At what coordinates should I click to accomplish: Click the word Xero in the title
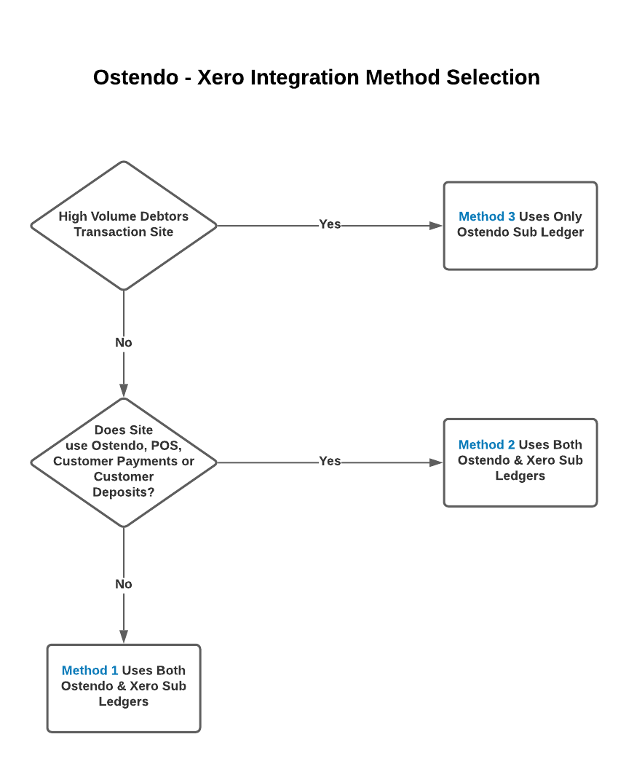(221, 78)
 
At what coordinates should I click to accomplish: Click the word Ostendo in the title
(136, 78)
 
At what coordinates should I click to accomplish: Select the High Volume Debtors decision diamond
(124, 226)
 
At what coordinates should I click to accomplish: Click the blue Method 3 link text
(487, 216)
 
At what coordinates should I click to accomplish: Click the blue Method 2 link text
(486, 444)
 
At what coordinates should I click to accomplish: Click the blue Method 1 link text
(90, 670)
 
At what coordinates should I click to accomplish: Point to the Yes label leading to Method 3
(330, 224)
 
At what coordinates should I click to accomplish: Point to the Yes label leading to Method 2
(330, 461)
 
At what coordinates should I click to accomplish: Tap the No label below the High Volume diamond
(124, 343)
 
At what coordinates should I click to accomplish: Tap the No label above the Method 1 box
(124, 584)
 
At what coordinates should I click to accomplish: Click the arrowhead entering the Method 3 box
(436, 226)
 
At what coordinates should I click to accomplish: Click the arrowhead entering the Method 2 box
(436, 462)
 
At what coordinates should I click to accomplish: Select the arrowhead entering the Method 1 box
(124, 636)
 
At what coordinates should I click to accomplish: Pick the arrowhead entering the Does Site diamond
(124, 390)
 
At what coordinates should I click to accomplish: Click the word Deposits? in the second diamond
(124, 492)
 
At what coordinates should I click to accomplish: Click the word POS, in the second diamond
(167, 446)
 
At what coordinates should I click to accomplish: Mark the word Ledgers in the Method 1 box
(124, 702)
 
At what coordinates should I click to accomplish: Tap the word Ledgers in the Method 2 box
(520, 476)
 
